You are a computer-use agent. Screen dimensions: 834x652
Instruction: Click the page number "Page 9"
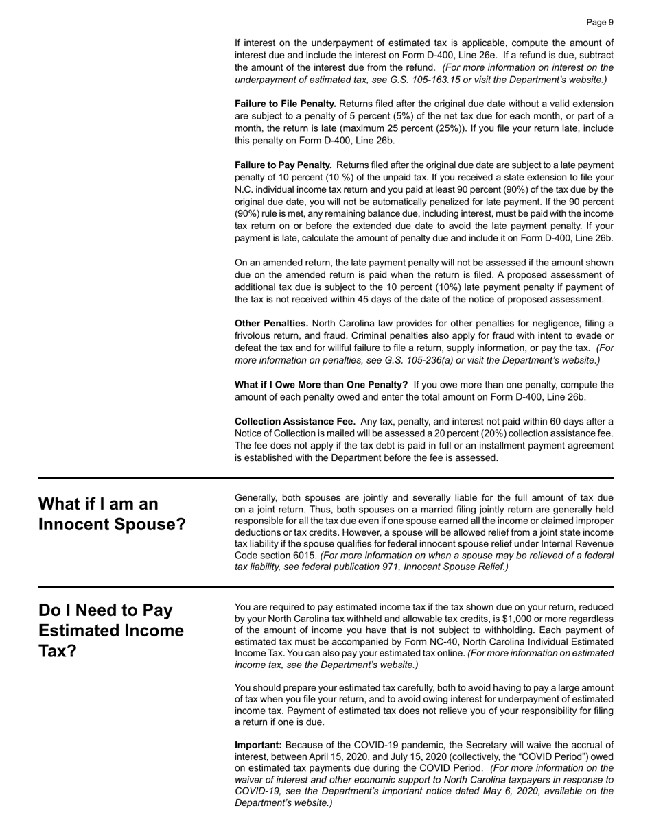coord(600,23)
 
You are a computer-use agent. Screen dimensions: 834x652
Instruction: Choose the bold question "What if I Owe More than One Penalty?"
coord(321,385)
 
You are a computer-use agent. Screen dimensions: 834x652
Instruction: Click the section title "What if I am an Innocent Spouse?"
coord(112,514)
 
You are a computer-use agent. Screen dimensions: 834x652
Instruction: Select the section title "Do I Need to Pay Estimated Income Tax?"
coord(111,630)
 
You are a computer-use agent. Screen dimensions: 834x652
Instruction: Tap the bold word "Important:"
coord(258,745)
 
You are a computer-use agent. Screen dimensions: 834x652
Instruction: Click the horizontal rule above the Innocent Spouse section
coord(326,477)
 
